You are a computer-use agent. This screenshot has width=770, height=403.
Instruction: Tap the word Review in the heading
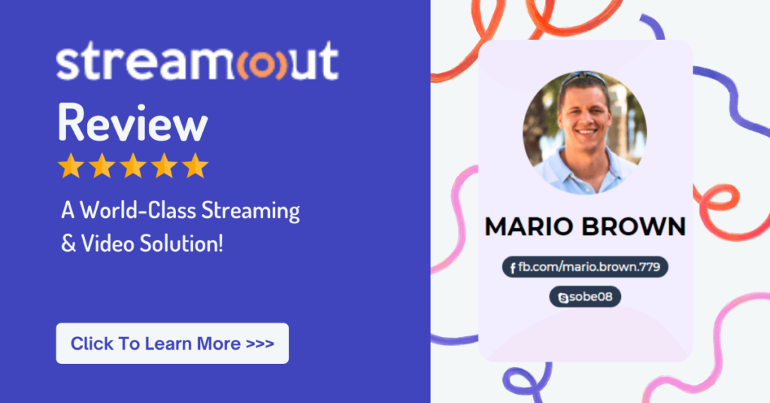pos(132,123)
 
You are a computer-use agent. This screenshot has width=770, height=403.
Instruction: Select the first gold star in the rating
pos(71,165)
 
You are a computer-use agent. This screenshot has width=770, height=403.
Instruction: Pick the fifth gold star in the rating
pos(196,165)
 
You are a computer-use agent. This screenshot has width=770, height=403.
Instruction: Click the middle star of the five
pos(133,165)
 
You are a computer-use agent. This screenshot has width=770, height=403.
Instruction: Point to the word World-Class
pos(138,210)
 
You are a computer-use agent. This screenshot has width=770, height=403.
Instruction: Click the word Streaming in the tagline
pos(250,211)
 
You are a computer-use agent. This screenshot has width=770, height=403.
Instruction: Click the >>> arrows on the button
pos(259,344)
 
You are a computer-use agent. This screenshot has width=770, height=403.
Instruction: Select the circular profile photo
pos(584,132)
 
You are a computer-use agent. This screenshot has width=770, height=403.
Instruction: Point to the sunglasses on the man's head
pos(584,78)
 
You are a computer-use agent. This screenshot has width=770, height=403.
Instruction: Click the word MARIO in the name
pos(529,227)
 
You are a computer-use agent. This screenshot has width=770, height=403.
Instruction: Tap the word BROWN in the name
pos(633,227)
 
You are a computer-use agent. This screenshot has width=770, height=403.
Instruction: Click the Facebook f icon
pos(513,268)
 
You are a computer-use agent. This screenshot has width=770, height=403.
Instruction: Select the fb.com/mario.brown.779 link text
pos(590,267)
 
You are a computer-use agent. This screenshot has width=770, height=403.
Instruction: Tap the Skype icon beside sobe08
pos(563,298)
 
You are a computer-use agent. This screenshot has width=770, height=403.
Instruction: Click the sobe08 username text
pos(591,297)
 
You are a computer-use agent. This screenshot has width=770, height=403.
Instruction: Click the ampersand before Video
pos(68,244)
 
